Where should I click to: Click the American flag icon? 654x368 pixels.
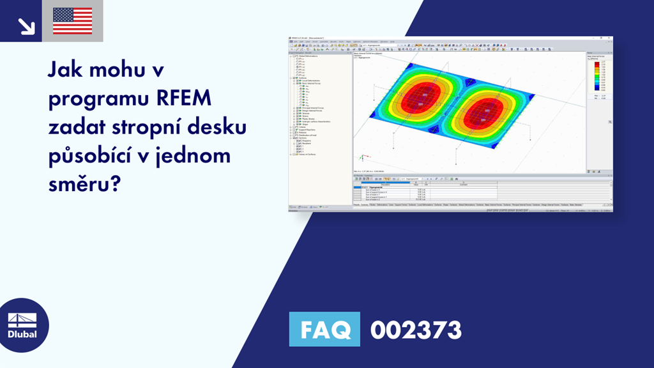pos(72,21)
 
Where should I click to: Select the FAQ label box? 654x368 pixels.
pos(326,330)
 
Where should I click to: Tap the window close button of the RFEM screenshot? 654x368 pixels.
pos(610,38)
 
